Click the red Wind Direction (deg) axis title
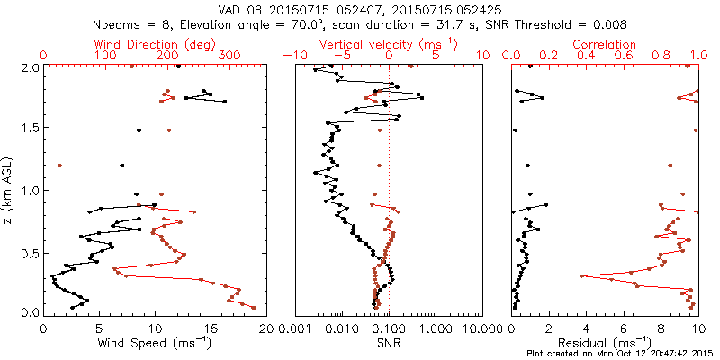click(154, 44)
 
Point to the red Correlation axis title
click(605, 44)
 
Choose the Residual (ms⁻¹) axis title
click(605, 342)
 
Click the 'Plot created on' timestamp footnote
click(621, 353)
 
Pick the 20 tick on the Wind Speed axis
click(264, 328)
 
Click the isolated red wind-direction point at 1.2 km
click(59, 166)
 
